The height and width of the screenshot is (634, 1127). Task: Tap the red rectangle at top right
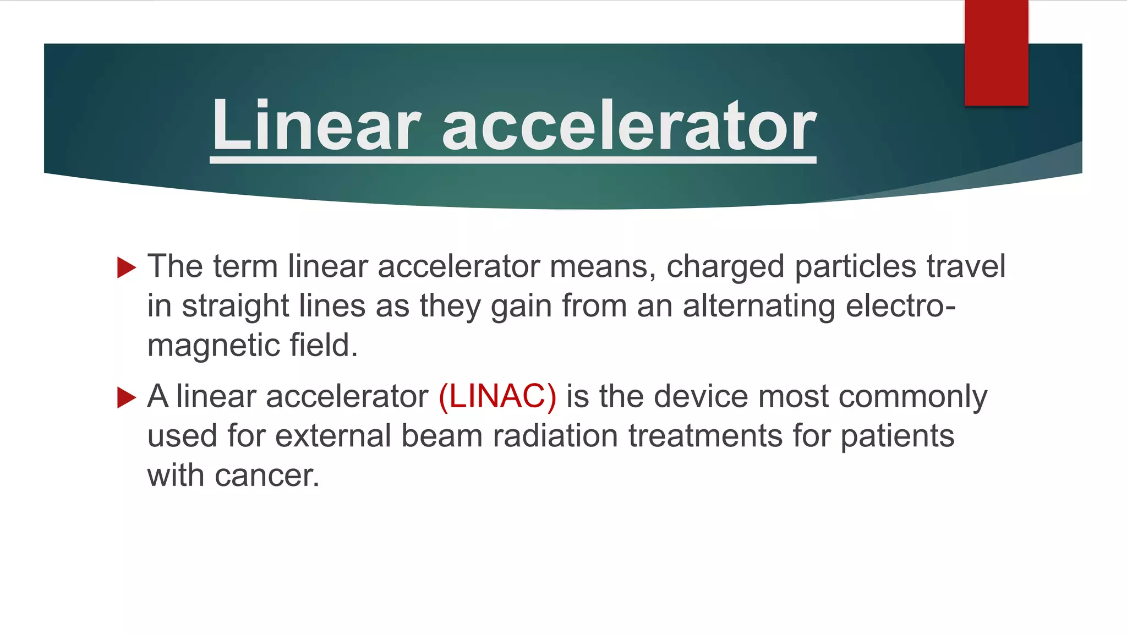pyautogui.click(x=996, y=53)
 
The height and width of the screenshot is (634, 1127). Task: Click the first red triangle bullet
pyautogui.click(x=127, y=267)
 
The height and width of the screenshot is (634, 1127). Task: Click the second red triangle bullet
pyautogui.click(x=127, y=397)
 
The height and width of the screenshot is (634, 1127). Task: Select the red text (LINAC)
pyautogui.click(x=497, y=396)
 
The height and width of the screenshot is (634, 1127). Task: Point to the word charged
pyautogui.click(x=725, y=267)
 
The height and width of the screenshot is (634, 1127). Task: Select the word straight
pyautogui.click(x=236, y=307)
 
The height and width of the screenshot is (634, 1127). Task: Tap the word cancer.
pyautogui.click(x=267, y=476)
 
